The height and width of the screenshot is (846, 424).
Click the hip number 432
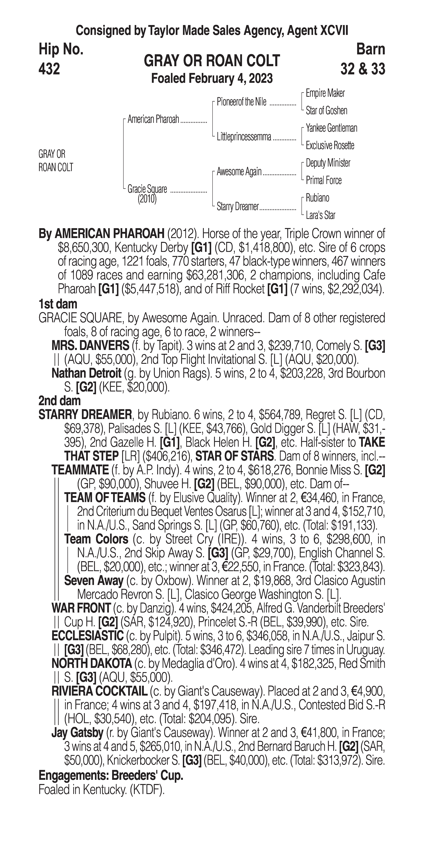(49, 69)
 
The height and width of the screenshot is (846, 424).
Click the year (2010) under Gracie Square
(147, 199)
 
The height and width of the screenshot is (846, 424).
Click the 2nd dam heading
(60, 401)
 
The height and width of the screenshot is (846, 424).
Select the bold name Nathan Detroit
(86, 373)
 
